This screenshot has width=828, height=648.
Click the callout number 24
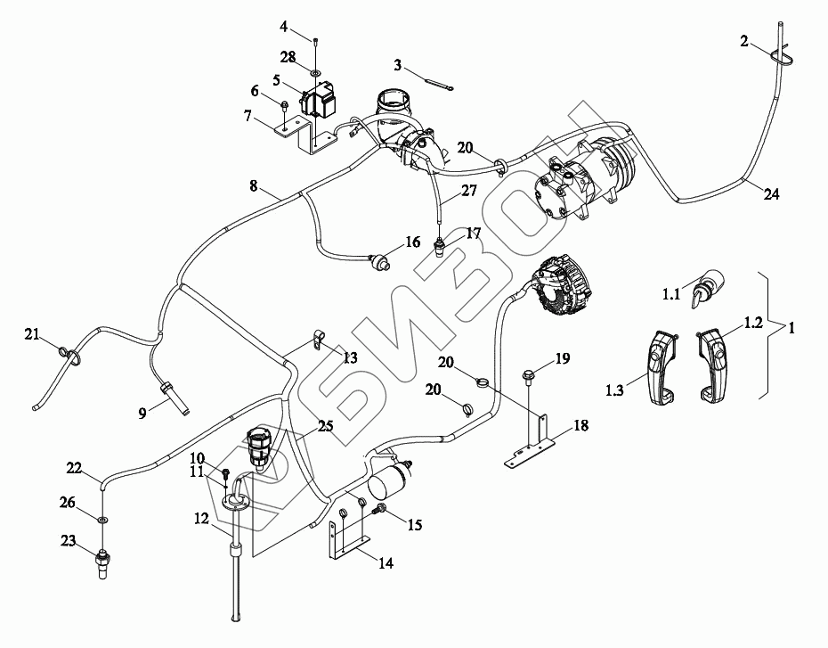(x=772, y=194)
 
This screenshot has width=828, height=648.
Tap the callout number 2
(x=743, y=41)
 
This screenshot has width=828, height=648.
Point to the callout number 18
(x=580, y=426)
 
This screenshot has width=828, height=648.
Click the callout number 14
(x=385, y=562)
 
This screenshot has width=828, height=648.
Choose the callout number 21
(x=32, y=334)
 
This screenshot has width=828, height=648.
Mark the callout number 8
(x=254, y=186)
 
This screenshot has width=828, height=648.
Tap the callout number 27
(x=468, y=190)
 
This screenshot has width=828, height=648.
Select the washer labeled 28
(x=316, y=71)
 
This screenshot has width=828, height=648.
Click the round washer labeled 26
(x=103, y=518)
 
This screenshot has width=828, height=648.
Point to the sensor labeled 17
(x=440, y=245)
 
